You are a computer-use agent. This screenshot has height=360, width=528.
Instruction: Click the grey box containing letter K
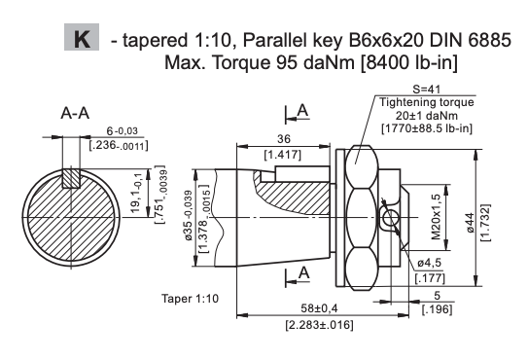[82, 37]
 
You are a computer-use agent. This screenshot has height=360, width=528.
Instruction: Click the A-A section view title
[75, 113]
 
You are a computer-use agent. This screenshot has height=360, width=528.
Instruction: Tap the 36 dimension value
[283, 139]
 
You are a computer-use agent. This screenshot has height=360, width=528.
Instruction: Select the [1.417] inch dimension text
[283, 155]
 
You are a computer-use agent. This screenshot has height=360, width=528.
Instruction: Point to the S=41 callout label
[426, 90]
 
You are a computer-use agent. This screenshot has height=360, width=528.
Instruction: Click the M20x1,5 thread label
[436, 217]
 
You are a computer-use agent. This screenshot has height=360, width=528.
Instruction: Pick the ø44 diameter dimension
[470, 223]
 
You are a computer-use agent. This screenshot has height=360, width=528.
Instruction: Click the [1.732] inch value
[485, 223]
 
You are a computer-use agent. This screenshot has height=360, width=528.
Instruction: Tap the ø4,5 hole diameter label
[430, 263]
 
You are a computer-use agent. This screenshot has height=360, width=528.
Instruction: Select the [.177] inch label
[430, 278]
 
